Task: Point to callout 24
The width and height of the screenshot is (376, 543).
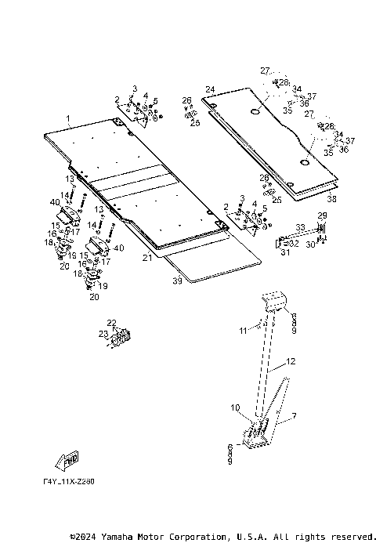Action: [x=210, y=89]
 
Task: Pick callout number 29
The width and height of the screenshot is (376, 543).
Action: [x=322, y=215]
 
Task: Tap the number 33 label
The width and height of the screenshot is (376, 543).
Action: [x=299, y=227]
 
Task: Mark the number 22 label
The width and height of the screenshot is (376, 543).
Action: [x=111, y=322]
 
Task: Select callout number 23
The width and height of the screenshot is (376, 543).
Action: [x=102, y=334]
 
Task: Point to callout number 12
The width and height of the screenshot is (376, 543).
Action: [x=291, y=361]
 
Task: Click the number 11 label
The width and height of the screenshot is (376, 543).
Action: [x=244, y=330]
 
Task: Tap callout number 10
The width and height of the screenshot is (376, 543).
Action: [x=235, y=407]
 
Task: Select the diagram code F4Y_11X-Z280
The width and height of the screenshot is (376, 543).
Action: [x=69, y=481]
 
